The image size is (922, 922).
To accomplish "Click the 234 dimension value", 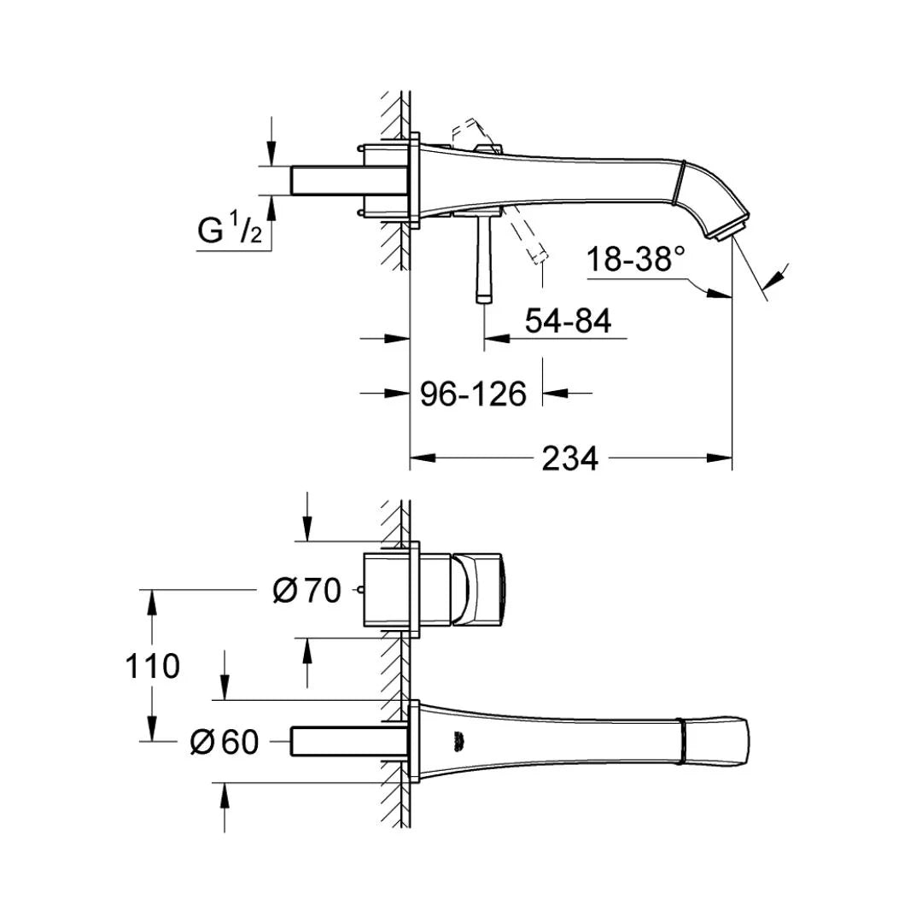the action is (x=569, y=458).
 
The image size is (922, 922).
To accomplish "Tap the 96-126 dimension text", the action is (x=473, y=394).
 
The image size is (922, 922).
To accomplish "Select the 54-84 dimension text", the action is (x=568, y=321).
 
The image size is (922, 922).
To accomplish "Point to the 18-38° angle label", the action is (x=636, y=259).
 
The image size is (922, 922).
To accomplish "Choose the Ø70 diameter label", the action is (x=306, y=591).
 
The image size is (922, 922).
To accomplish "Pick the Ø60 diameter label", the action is (x=225, y=742).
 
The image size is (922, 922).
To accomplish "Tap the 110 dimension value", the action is (x=152, y=666).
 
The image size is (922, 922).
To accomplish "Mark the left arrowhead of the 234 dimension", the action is (x=423, y=458).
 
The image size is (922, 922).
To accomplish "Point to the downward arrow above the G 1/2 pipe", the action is (x=271, y=141).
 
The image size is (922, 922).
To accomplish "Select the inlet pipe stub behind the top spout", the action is (x=350, y=180).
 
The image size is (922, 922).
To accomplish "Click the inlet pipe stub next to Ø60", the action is (x=350, y=741).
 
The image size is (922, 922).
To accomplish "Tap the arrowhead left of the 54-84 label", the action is (x=497, y=339).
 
